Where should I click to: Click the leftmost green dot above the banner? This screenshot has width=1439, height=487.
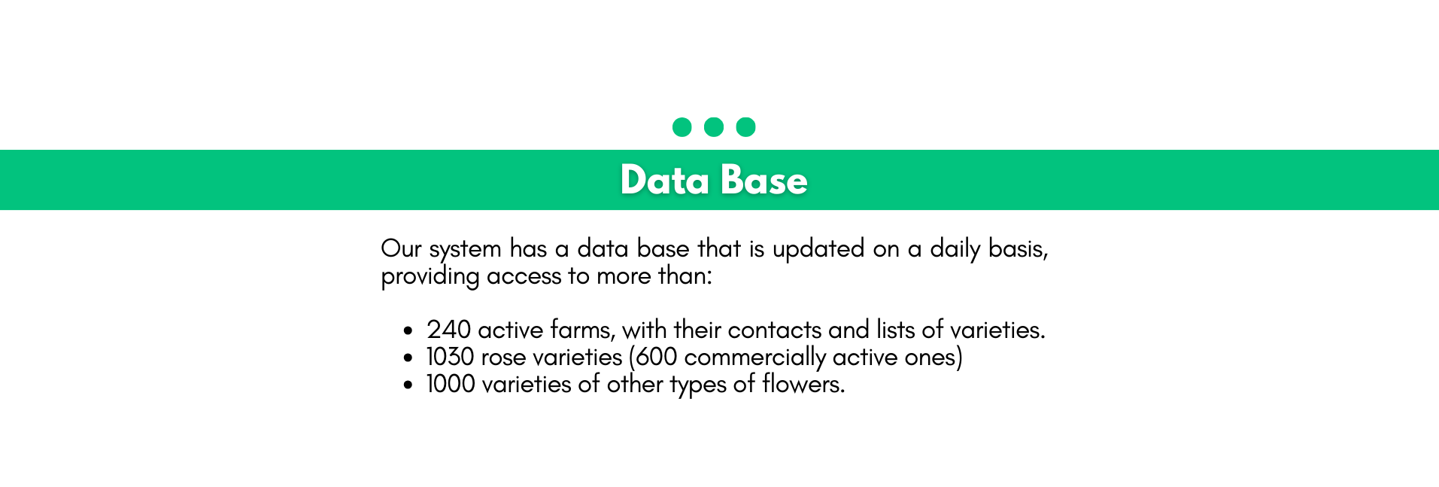tap(682, 127)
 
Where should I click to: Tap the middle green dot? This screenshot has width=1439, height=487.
tap(714, 127)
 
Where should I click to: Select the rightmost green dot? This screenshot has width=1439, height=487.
tap(745, 127)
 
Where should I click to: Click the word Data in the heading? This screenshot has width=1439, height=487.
tap(665, 181)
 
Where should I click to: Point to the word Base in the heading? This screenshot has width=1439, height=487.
tap(764, 181)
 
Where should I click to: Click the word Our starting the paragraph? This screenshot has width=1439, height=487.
tap(401, 248)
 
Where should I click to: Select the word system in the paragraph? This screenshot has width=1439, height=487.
tap(465, 250)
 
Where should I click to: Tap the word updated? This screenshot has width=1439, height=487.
tap(818, 249)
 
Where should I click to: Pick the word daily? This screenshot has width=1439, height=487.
tap(955, 249)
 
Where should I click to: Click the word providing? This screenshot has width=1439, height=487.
tap(430, 276)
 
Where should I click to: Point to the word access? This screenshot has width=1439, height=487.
tap(524, 277)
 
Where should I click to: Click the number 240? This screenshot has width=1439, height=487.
tap(449, 330)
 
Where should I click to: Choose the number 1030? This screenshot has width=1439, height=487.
tap(450, 357)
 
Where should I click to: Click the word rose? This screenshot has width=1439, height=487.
tap(503, 358)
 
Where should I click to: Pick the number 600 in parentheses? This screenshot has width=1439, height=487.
tap(657, 357)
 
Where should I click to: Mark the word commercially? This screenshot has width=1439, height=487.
tap(755, 358)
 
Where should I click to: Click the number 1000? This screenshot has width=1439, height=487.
tap(451, 384)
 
